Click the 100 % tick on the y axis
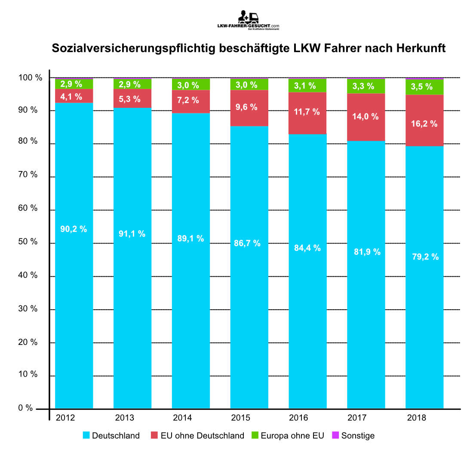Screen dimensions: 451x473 tap(31, 78)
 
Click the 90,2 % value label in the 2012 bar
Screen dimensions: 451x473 tap(74, 229)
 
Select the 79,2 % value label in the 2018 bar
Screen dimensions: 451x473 tap(424, 257)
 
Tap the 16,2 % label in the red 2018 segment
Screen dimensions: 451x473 tap(424, 124)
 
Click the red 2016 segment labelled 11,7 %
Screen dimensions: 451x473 tap(307, 113)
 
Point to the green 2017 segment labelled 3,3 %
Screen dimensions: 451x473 tap(366, 86)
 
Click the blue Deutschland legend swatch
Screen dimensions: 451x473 tap(86, 436)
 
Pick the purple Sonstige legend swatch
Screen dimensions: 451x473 tap(336, 436)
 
